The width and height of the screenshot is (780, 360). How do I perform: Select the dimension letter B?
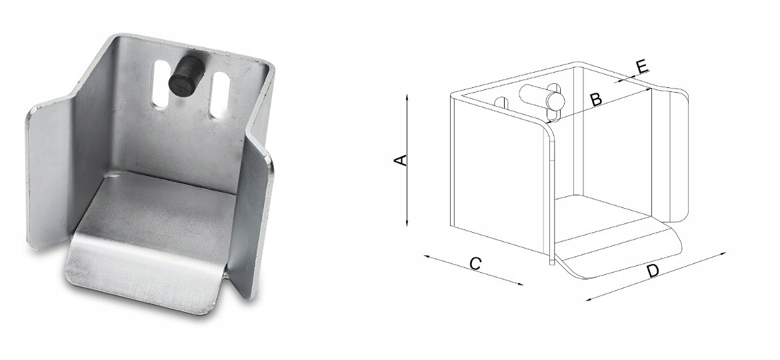point(595,99)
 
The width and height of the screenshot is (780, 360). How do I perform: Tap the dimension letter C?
point(475,263)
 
